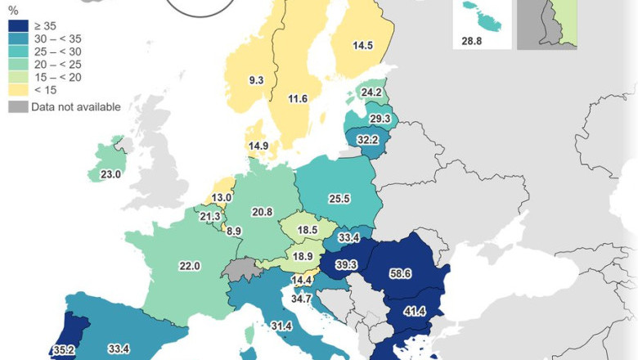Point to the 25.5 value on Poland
click(x=338, y=199)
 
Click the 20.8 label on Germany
click(x=262, y=212)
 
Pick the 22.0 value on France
click(x=190, y=266)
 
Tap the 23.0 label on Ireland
click(x=110, y=174)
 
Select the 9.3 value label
click(x=256, y=80)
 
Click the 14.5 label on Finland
click(x=363, y=46)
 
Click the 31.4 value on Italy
click(x=281, y=326)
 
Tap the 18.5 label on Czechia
click(x=308, y=231)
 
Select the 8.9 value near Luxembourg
click(x=234, y=232)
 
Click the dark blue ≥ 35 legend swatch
click(x=16, y=25)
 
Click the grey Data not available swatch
click(x=16, y=107)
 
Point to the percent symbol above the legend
click(x=12, y=11)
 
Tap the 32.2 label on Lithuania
click(x=368, y=140)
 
